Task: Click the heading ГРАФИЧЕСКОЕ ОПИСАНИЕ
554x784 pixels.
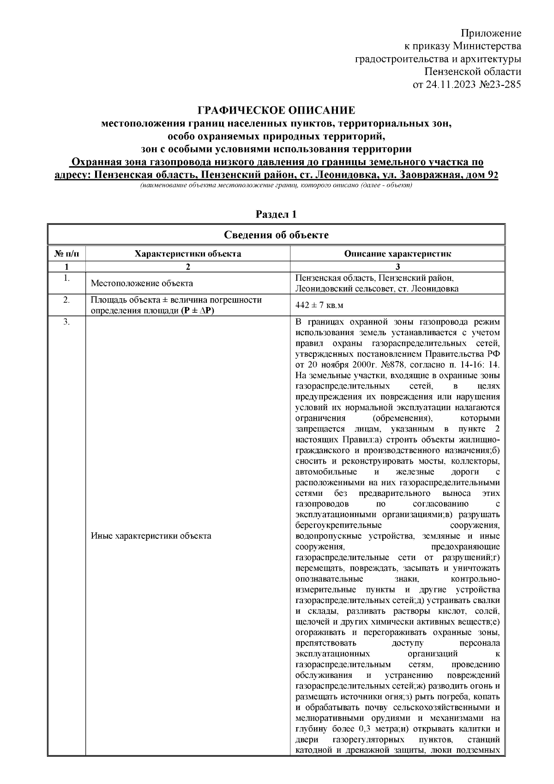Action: point(276,110)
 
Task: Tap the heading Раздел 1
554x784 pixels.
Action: point(276,215)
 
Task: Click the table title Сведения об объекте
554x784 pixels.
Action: point(276,235)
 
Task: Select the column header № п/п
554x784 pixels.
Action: point(66,253)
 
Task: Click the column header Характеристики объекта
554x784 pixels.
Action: point(187,253)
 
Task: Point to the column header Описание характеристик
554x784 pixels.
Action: point(397,253)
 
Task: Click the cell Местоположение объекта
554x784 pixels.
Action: point(142,283)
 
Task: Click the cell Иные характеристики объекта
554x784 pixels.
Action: point(151,536)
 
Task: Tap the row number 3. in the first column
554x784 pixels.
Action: point(66,322)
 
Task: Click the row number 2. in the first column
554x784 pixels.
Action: point(66,300)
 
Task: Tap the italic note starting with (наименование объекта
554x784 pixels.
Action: point(276,186)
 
